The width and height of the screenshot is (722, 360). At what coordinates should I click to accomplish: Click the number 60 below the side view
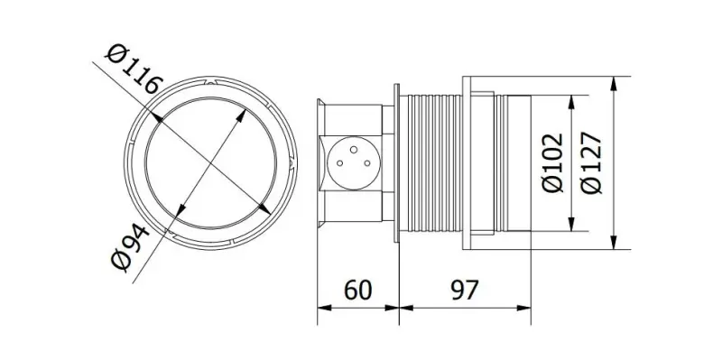click(357, 290)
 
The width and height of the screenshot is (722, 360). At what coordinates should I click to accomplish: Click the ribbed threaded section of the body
click(431, 162)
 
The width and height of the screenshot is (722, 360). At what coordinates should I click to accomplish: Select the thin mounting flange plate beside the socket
click(398, 162)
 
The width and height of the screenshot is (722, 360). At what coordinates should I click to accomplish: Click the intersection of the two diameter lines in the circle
click(209, 162)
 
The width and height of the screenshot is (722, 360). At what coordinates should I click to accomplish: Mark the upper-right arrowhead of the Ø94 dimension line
click(245, 112)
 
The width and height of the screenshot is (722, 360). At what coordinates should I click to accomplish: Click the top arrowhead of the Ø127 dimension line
click(614, 83)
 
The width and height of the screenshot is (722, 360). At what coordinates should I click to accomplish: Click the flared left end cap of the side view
click(319, 162)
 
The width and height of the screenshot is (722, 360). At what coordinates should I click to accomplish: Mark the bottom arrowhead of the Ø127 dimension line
click(614, 243)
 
